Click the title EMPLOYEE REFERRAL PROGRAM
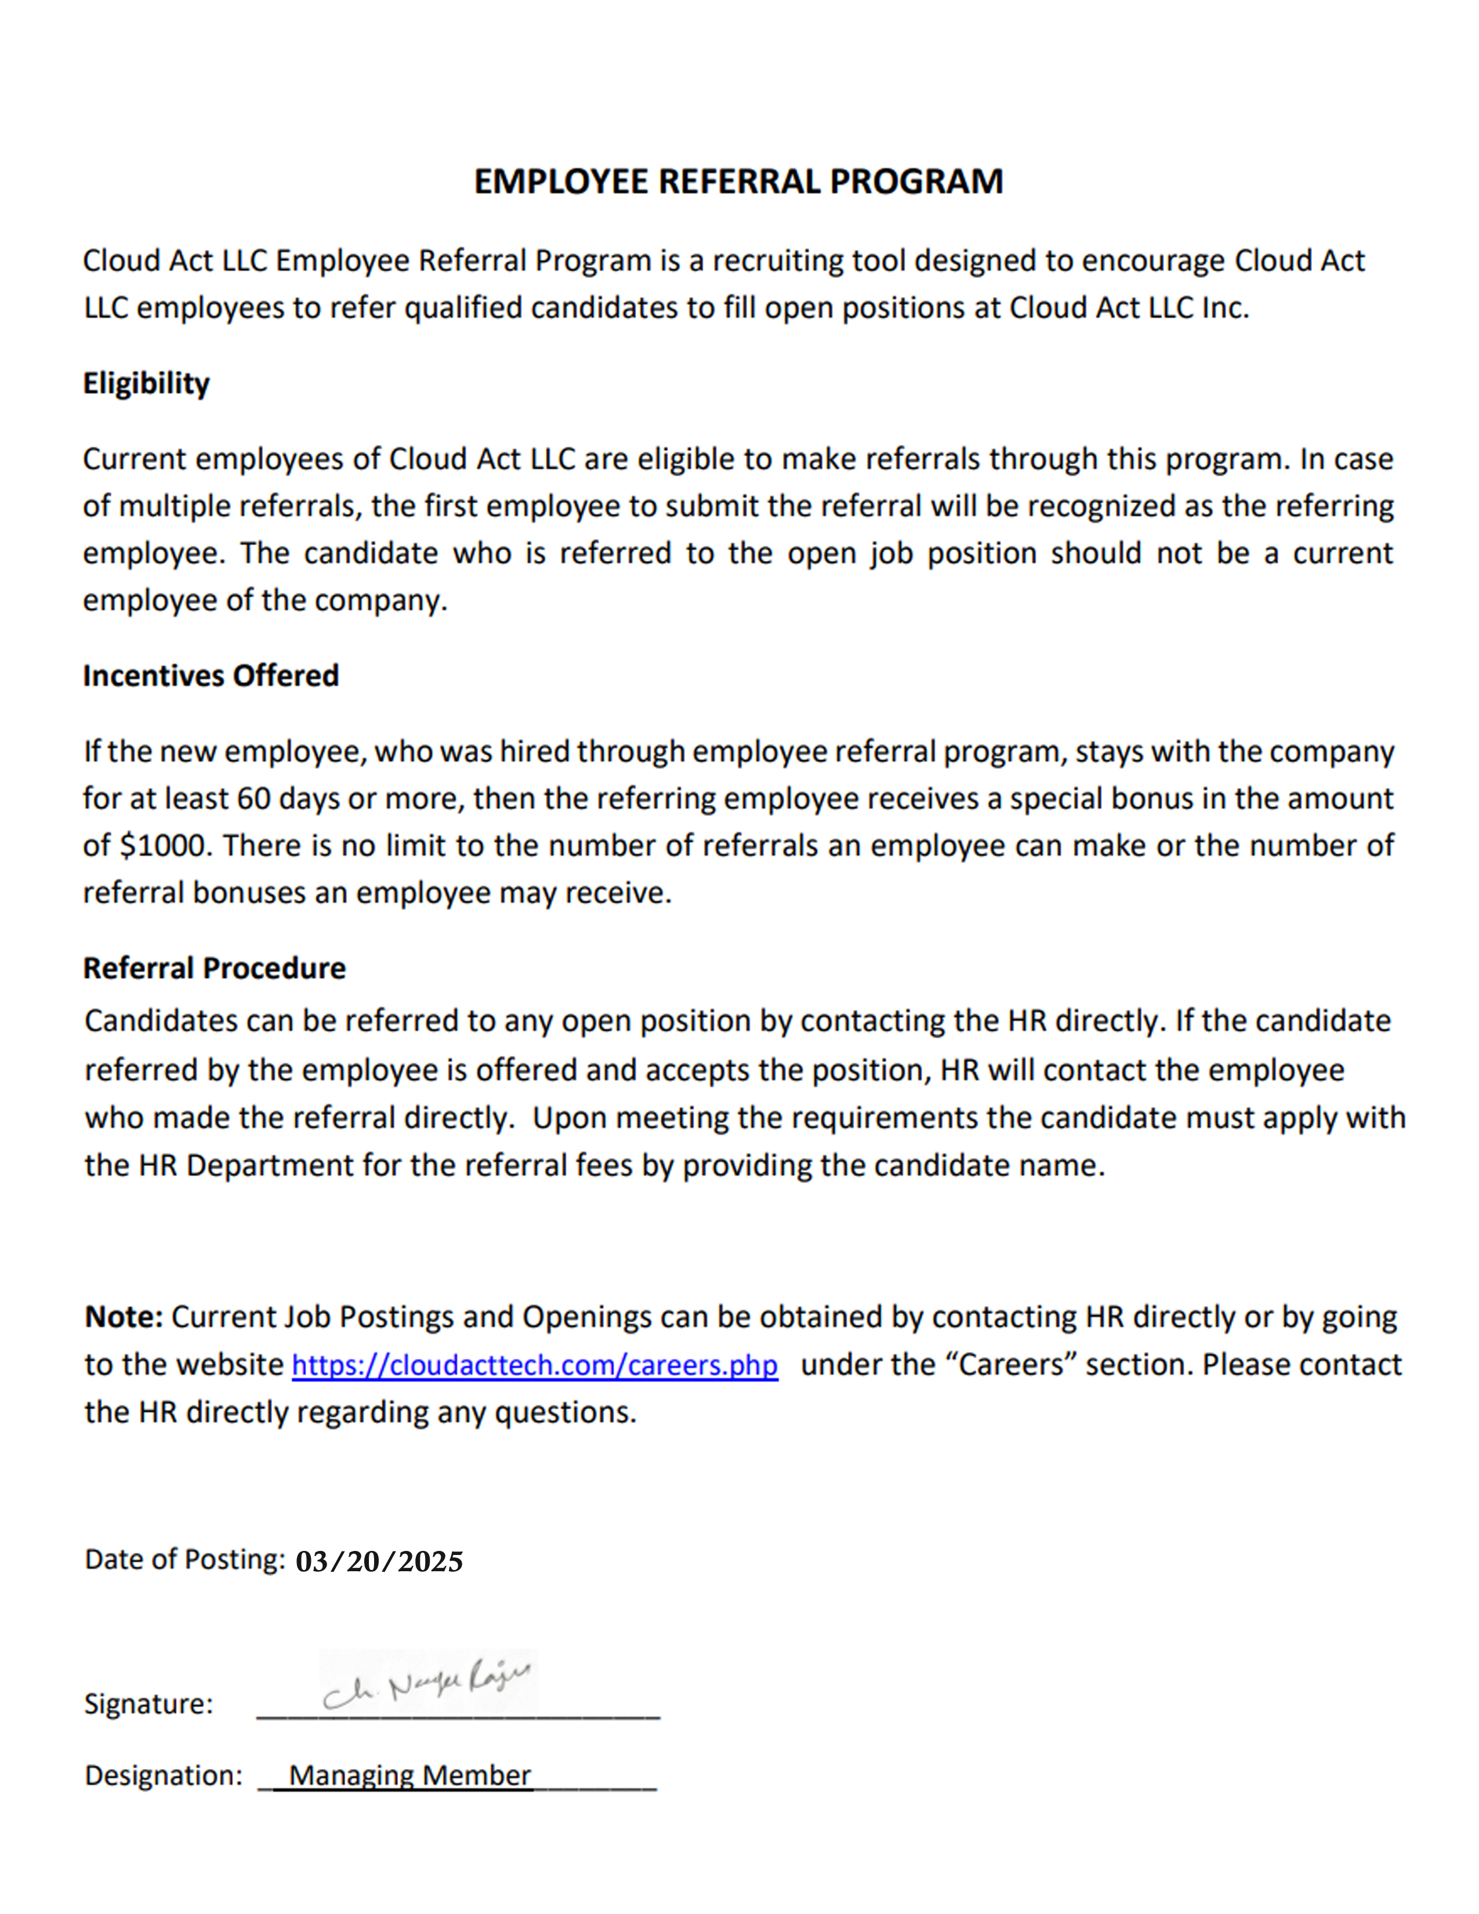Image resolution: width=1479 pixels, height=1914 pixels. (x=738, y=182)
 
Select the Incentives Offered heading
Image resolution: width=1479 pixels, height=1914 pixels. (x=211, y=676)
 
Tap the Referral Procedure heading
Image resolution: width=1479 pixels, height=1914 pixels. (x=214, y=969)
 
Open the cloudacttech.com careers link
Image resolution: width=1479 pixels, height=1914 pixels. (x=535, y=1365)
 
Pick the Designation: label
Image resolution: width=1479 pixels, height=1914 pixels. (x=163, y=1775)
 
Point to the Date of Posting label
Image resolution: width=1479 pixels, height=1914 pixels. (x=184, y=1560)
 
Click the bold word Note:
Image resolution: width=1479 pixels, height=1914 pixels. (x=124, y=1317)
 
